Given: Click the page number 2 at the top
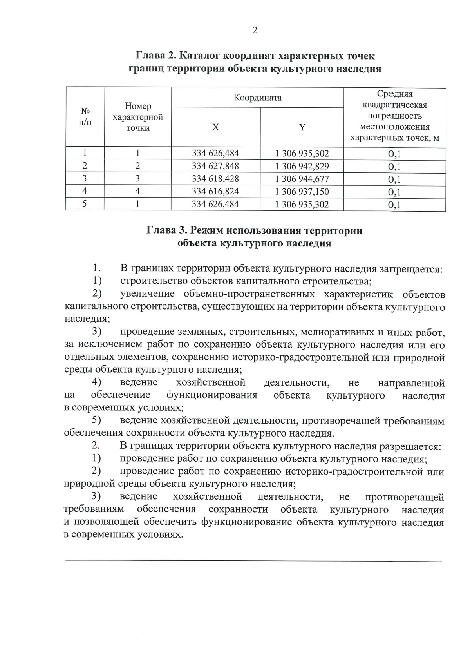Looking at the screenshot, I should point(255,31).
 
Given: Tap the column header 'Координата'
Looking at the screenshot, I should point(257,98).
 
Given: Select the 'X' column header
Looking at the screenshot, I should point(215,127).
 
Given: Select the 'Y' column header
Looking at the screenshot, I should point(302,127).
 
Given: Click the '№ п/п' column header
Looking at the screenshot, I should point(85,117).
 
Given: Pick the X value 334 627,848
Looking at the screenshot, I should point(215,166).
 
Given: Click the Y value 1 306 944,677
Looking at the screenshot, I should point(302,179).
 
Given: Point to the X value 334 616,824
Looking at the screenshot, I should point(215,192).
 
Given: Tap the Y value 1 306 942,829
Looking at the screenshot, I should point(302,166).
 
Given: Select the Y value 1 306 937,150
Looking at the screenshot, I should point(302,192).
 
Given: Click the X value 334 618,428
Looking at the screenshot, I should point(215,179).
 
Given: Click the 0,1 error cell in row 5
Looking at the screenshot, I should point(394,205).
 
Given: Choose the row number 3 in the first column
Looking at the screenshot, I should point(85,179).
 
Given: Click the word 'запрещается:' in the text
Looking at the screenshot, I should point(411,269).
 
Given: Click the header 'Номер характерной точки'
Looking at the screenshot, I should point(138,117).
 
